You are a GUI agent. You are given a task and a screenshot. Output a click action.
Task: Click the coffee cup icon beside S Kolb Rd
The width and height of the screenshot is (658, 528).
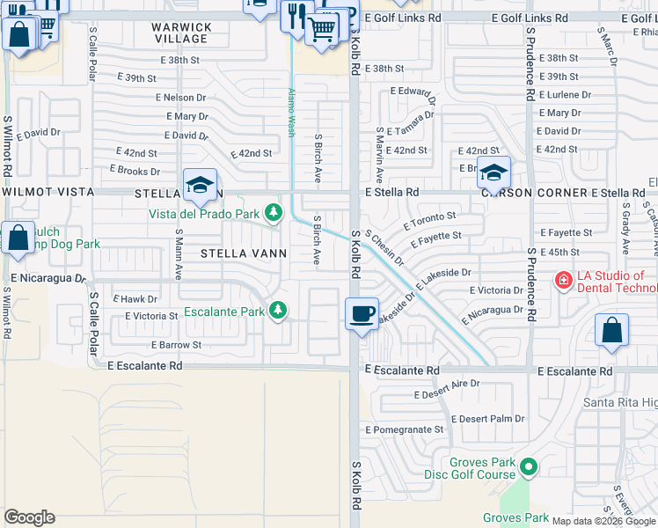point(361,314)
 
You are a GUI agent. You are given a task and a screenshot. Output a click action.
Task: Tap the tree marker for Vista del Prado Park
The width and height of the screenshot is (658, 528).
point(274,213)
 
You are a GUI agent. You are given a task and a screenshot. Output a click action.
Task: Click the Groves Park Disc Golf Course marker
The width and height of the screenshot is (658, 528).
point(528,467)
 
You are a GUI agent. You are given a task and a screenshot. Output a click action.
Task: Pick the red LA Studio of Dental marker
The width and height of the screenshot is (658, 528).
point(561,282)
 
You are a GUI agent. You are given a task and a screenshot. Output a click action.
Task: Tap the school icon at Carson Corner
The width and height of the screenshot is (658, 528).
point(493,172)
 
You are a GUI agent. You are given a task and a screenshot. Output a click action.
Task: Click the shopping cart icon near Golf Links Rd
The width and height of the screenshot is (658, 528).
point(322,28)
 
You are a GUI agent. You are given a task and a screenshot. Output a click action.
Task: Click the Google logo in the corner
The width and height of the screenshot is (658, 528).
point(29,517)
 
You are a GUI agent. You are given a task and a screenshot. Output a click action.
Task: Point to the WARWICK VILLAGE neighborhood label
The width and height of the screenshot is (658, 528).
point(181,33)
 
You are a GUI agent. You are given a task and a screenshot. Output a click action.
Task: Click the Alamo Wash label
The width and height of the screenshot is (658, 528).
point(289,113)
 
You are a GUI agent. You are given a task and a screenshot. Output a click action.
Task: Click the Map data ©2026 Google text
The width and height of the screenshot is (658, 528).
point(603,520)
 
